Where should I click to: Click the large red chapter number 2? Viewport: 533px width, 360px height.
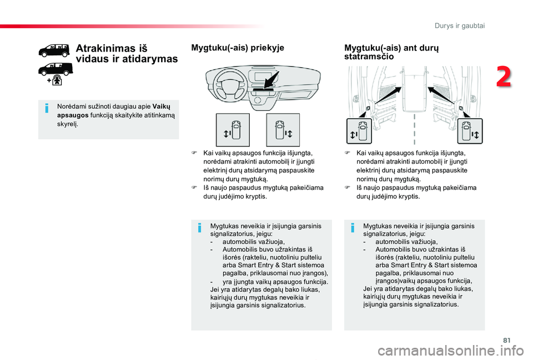point(504,77)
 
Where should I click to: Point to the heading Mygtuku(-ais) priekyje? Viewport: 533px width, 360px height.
point(238,48)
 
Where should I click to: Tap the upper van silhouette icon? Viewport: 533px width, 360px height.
point(54,50)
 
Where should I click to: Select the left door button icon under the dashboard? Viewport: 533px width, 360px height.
point(233,130)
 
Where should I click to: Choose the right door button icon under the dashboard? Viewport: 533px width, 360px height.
point(283,130)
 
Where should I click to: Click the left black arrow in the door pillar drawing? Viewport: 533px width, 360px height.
point(388,95)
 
